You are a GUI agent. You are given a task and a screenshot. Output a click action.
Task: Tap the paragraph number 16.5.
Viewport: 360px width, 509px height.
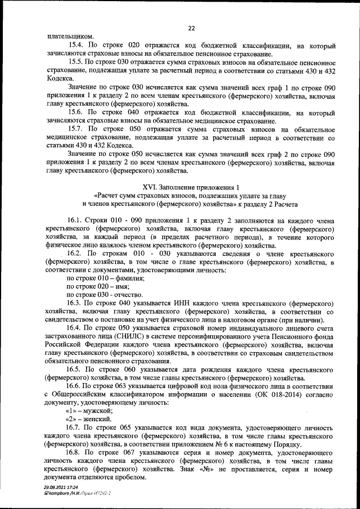(x=75, y=370)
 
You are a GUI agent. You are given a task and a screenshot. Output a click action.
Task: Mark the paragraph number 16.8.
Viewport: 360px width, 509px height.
(x=75, y=453)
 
